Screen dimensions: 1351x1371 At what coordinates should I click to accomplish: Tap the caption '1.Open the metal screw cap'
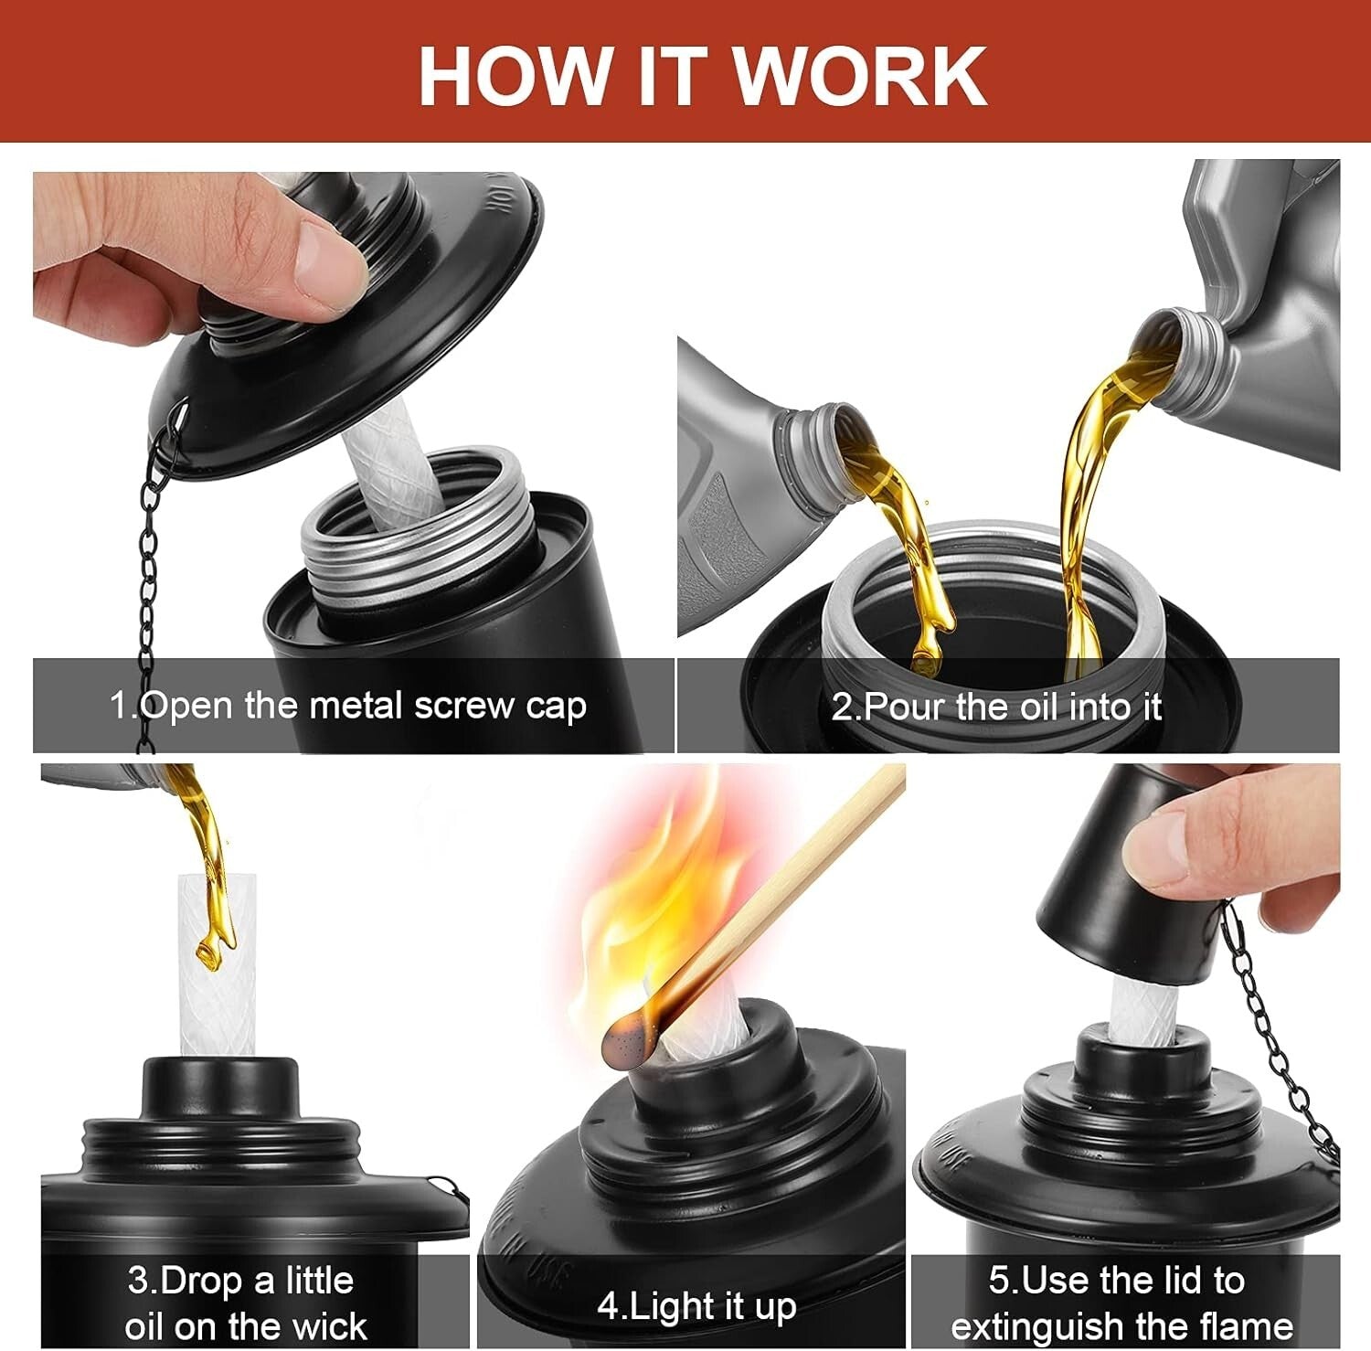tap(347, 706)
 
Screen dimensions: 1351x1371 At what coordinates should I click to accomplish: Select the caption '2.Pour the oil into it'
tap(996, 707)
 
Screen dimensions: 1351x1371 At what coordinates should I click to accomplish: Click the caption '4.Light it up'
tap(696, 1305)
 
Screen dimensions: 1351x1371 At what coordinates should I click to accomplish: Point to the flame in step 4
tap(640, 905)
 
